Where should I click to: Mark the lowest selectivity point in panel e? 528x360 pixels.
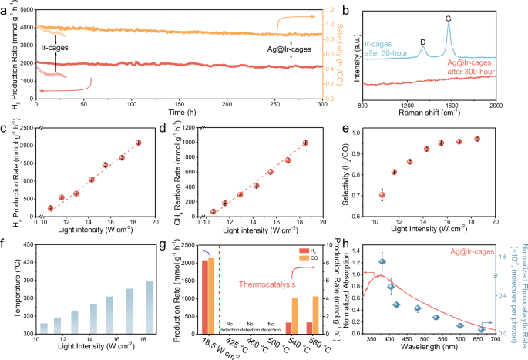(382, 196)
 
